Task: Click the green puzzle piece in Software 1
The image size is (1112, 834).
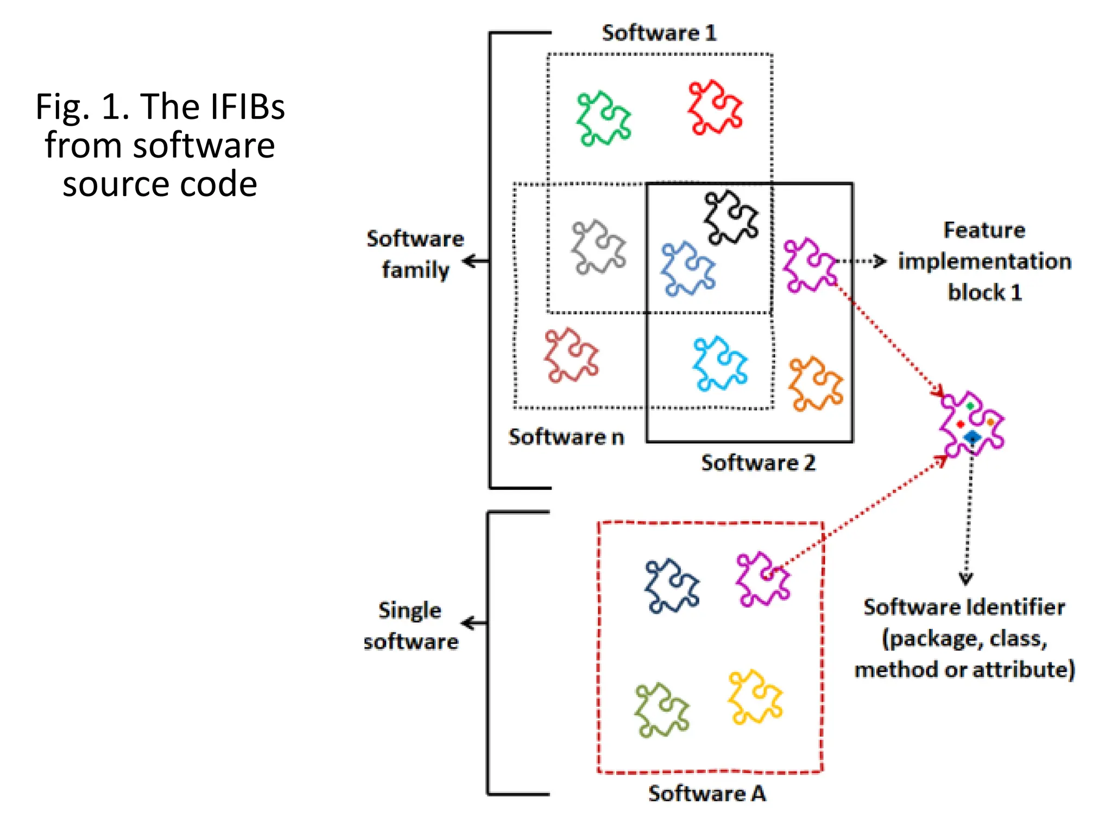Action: coord(603,118)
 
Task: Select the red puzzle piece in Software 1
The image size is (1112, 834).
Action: coord(715,108)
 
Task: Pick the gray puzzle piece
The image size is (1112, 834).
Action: coord(598,247)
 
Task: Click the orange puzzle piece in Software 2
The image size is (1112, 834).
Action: coord(816,384)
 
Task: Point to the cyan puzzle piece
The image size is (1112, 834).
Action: coord(720,363)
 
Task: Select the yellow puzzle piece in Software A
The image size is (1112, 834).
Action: coord(755,697)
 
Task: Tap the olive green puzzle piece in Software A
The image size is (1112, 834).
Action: coord(661,710)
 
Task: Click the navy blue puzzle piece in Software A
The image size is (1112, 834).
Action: coord(672,586)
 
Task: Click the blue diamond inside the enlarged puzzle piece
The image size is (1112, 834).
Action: coord(972,437)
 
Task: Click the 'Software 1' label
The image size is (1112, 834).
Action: coord(659,33)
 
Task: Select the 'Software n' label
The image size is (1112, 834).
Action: coord(566,437)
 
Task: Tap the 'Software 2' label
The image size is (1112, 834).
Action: coord(758,463)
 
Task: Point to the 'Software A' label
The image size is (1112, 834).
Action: coord(707,794)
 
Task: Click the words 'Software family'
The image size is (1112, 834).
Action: coord(415,254)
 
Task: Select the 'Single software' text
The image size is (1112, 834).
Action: coord(410,625)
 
